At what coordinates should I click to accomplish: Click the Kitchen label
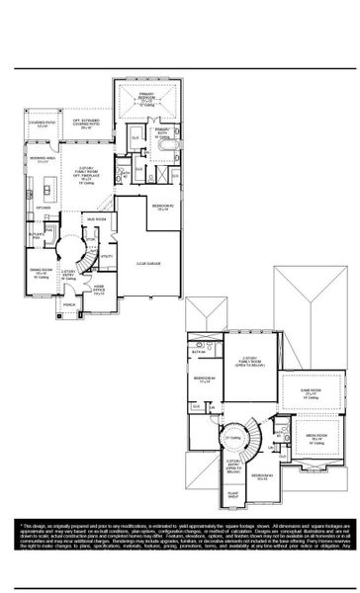(44, 209)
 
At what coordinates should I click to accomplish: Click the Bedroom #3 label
(262, 476)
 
